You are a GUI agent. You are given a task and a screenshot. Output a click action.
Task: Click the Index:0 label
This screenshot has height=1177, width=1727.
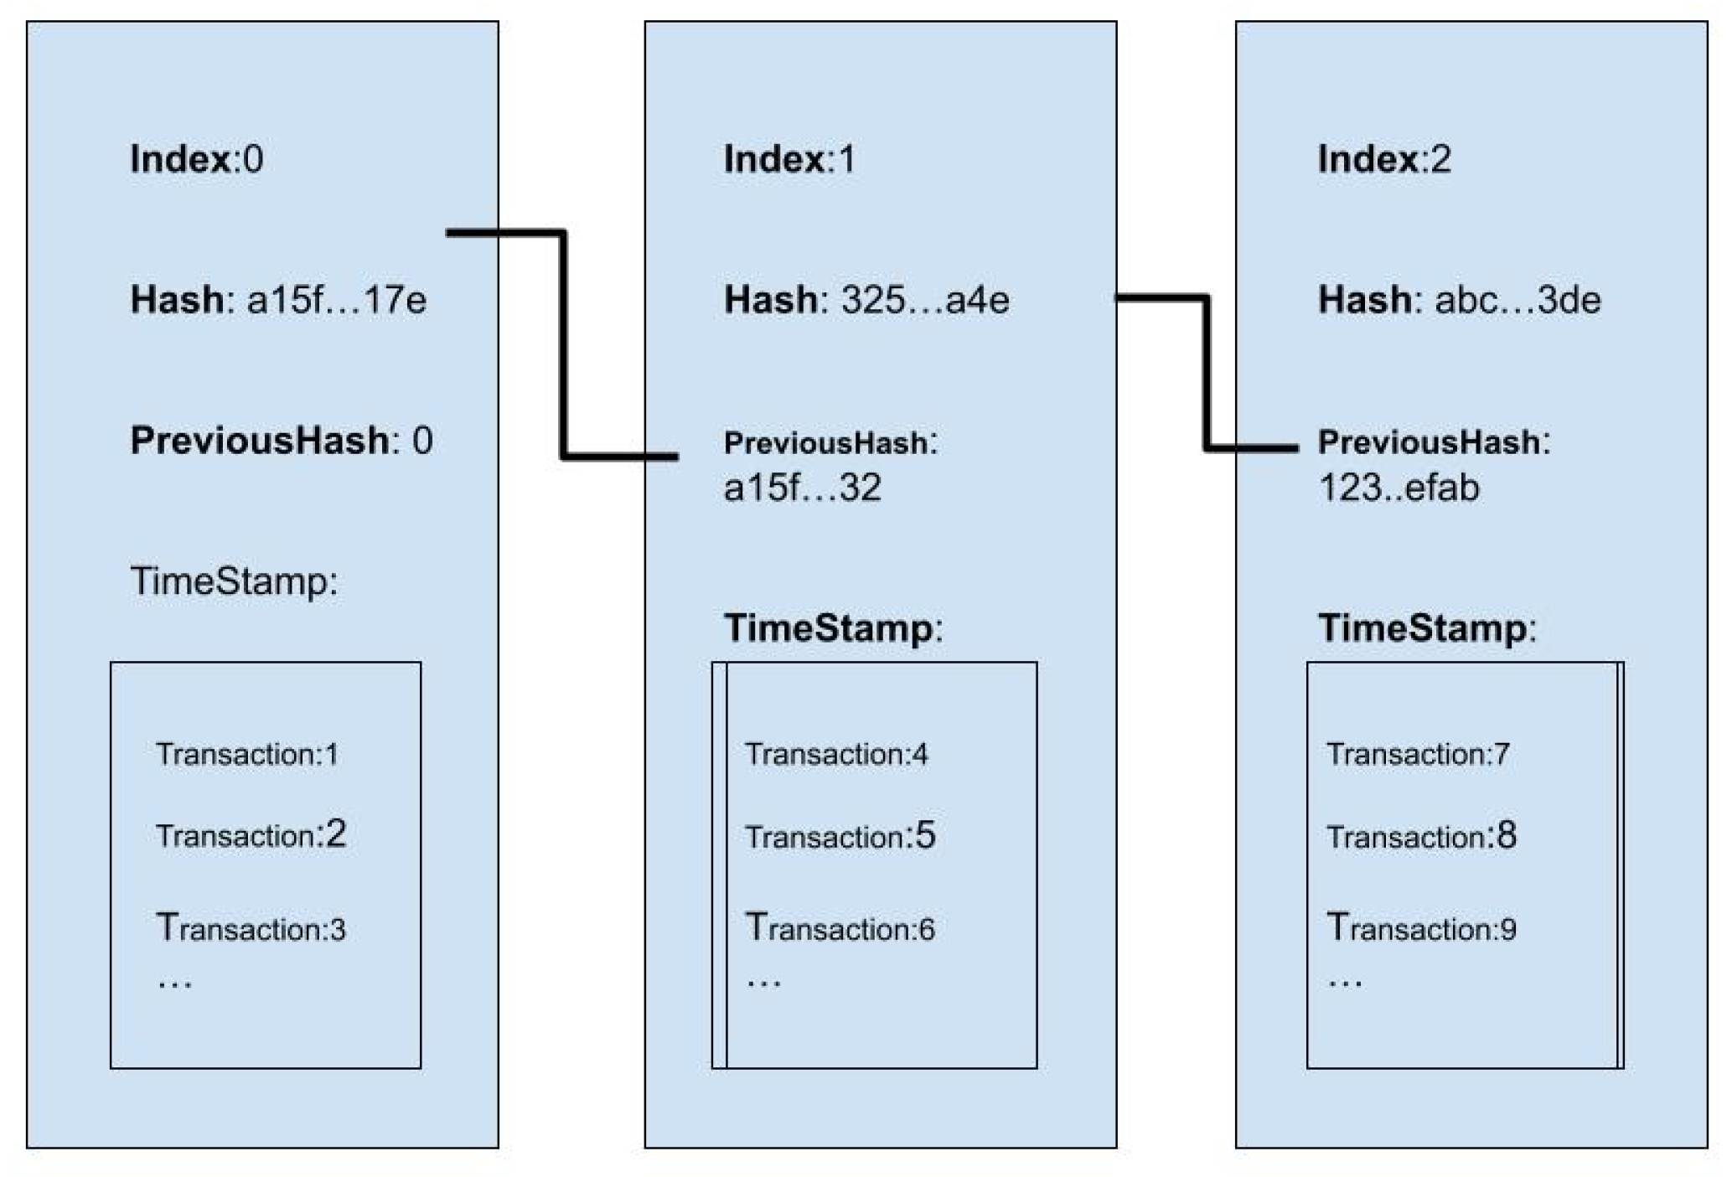[196, 159]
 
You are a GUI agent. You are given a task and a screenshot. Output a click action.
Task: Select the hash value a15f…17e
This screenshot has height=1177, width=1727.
[336, 300]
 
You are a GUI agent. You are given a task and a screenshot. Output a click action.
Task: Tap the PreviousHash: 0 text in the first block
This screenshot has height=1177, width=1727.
[281, 441]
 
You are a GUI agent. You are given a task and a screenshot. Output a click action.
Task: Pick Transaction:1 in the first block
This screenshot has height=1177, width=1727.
[247, 755]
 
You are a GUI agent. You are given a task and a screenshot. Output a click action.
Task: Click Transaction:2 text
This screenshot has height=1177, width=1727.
[251, 835]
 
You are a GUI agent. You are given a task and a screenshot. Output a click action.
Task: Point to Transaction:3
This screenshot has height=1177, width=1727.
[251, 928]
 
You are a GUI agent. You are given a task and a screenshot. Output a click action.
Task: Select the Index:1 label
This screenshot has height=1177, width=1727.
[789, 159]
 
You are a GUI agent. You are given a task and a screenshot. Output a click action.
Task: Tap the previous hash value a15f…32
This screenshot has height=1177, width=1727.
[802, 488]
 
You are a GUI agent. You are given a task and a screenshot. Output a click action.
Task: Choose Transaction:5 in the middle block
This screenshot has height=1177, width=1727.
[840, 836]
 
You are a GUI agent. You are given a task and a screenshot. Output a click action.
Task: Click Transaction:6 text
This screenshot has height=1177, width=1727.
[840, 928]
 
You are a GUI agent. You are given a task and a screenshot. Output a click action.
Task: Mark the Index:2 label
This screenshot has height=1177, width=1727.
[1383, 159]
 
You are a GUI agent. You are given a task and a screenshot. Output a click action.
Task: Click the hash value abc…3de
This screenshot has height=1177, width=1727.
[1517, 300]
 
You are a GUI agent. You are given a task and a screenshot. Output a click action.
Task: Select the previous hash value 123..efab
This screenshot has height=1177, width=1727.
[1399, 488]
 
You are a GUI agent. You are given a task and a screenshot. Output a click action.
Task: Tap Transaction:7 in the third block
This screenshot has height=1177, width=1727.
[1418, 755]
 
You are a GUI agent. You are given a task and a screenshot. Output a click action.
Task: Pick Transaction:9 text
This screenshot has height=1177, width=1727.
[1421, 928]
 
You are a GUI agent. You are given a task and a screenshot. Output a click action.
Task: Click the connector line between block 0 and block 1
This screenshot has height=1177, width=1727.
[564, 343]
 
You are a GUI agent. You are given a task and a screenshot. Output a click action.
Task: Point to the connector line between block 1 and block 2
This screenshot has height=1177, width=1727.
[1207, 373]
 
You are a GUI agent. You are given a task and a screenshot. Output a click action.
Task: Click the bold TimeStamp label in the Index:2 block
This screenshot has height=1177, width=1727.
[1427, 628]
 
